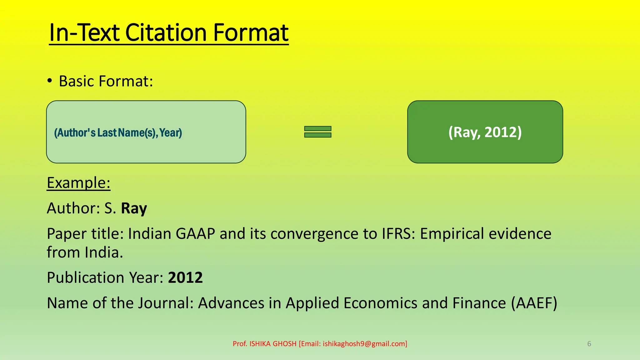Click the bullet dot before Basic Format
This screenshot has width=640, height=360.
[50, 81]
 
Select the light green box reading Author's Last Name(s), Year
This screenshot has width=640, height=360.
[146, 132]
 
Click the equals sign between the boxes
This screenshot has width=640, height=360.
[317, 132]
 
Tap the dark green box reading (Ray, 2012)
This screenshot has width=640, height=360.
[485, 132]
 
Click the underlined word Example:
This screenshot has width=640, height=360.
[78, 182]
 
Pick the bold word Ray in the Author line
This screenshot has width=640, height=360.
[134, 208]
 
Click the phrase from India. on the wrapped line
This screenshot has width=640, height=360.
[85, 252]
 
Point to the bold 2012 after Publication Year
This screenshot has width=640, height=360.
[185, 277]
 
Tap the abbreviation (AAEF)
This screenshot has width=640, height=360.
[534, 303]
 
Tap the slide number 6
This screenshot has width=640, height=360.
[589, 344]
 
